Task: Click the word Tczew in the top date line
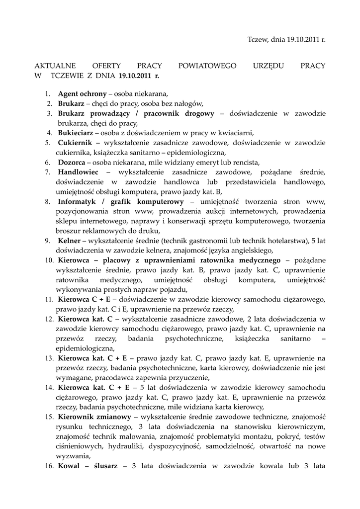coord(257,39)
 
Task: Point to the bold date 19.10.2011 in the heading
coord(135,76)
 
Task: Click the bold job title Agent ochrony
coord(82,93)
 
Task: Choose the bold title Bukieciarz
coord(75,133)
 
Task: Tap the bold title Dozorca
coord(71,162)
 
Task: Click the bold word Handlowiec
coord(78,172)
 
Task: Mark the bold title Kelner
coord(69,241)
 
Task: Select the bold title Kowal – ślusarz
coord(88,466)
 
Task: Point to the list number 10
coord(49,260)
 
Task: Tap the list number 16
coord(49,466)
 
